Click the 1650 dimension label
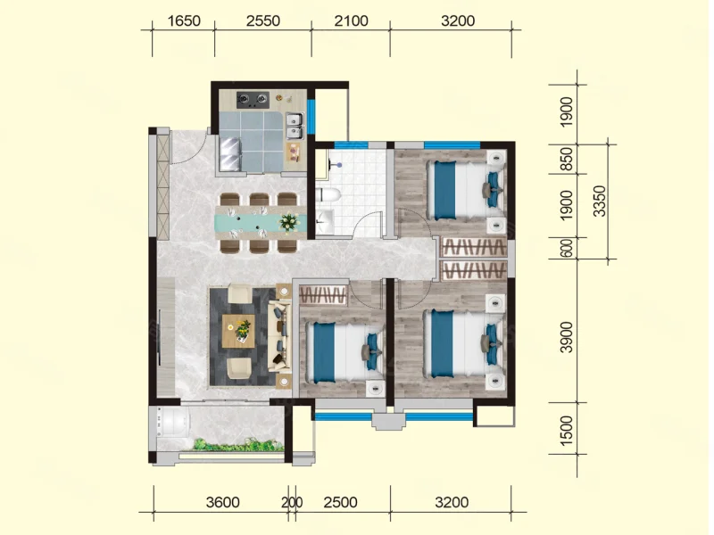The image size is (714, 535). (x=184, y=21)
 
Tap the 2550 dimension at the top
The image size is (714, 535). (x=262, y=21)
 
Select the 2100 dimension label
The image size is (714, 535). (x=351, y=21)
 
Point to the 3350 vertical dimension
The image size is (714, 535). (x=600, y=202)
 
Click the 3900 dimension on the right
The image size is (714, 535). (x=567, y=337)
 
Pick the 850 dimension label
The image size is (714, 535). (x=567, y=159)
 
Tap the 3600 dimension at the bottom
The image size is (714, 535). (x=222, y=502)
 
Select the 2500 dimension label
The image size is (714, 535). (x=340, y=502)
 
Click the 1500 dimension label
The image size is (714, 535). (x=567, y=431)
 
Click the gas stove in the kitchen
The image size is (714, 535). (x=253, y=100)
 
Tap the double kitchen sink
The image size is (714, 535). (x=295, y=126)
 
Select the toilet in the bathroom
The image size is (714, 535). (x=328, y=194)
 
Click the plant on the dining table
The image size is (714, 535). (x=289, y=222)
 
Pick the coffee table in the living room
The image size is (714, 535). (x=238, y=331)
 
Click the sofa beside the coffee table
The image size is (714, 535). (x=279, y=336)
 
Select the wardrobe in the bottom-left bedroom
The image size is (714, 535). (x=323, y=294)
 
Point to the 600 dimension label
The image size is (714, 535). (x=567, y=248)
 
